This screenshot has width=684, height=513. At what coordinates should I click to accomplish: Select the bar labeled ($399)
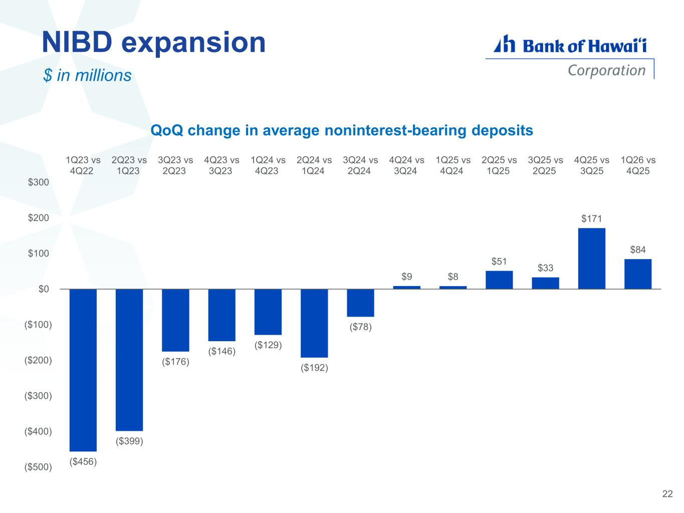(129, 360)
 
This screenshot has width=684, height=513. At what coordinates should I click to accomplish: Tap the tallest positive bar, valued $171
(591, 259)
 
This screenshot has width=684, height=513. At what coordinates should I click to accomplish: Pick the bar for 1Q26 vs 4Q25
(638, 274)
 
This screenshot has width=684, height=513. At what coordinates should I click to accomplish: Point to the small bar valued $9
(406, 288)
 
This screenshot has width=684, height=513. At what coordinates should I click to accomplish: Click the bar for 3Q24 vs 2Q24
(360, 303)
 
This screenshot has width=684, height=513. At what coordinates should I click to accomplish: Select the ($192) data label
(314, 368)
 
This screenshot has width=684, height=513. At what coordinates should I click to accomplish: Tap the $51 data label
(499, 261)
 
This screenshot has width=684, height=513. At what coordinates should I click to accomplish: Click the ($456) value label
(83, 461)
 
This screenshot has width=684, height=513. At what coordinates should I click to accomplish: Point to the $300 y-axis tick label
(39, 182)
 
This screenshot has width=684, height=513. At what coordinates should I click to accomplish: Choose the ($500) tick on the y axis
(38, 467)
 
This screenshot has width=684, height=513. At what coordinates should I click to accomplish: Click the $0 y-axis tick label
(44, 289)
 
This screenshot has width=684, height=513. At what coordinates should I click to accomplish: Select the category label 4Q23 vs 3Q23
(221, 165)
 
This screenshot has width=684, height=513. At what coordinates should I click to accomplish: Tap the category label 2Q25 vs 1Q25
(499, 165)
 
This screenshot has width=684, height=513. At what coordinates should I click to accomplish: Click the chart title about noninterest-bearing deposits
(342, 131)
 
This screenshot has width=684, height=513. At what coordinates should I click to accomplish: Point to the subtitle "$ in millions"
(87, 75)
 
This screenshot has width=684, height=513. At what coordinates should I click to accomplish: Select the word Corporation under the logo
(606, 70)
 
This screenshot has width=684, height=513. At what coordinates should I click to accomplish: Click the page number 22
(667, 494)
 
